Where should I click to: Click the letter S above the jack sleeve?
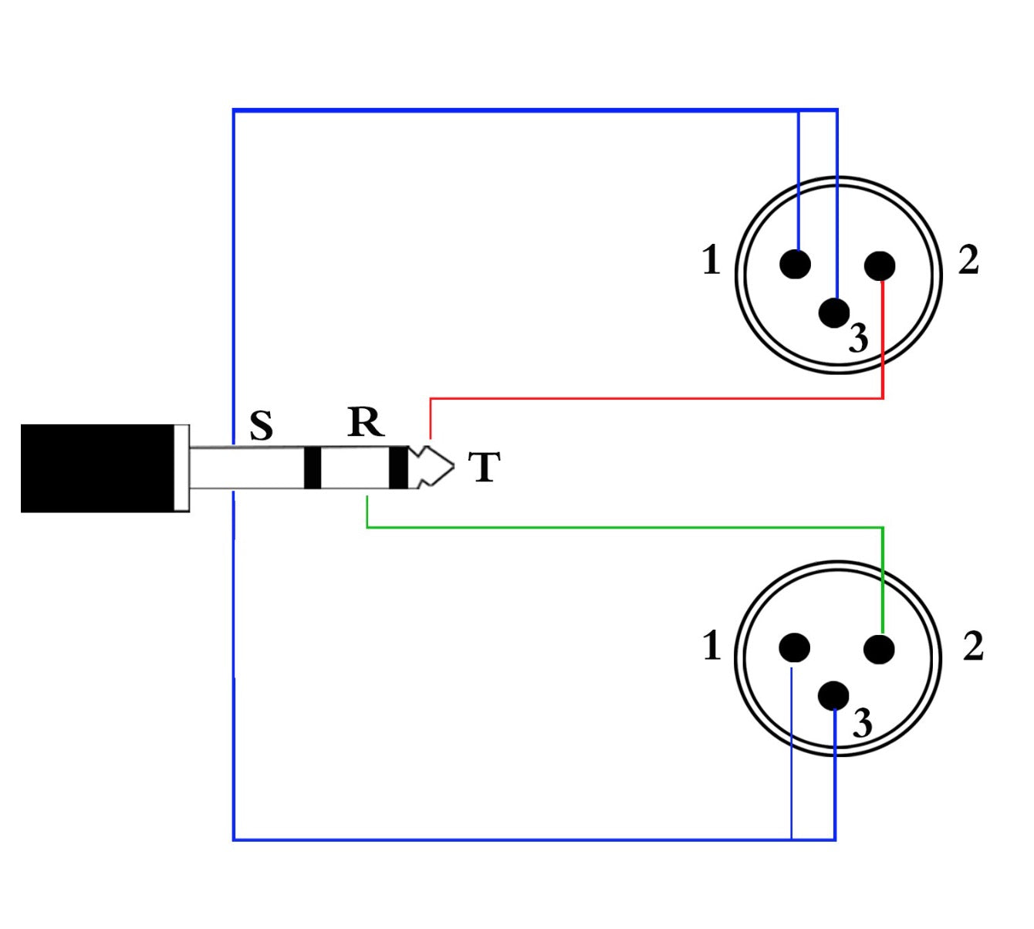262,424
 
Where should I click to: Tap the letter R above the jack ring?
366,422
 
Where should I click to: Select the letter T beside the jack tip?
485,467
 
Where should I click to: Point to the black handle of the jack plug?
97,468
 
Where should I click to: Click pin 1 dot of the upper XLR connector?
795,264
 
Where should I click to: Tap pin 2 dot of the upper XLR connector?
880,266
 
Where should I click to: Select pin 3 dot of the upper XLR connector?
833,312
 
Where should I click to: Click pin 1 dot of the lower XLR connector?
794,648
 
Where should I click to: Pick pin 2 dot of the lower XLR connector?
879,649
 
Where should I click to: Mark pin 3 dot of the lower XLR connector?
833,695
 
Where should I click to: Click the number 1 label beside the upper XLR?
711,260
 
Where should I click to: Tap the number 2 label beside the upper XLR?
968,260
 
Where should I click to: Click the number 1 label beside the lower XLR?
711,646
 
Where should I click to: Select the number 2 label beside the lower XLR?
973,647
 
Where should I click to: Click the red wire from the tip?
656,399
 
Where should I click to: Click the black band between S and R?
312,468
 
